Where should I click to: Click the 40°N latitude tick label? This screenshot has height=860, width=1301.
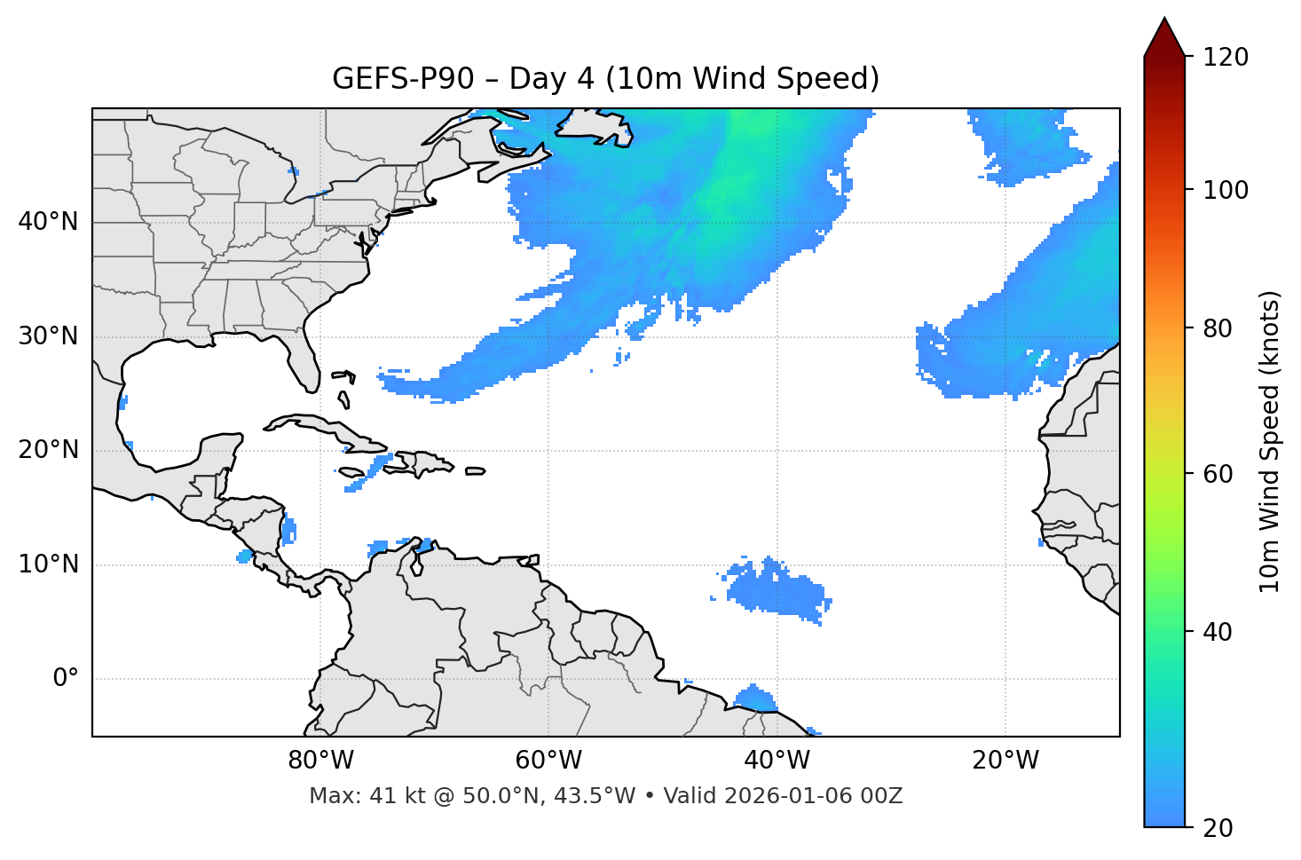[x=48, y=222]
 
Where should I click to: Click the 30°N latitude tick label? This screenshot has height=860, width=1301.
[x=48, y=336]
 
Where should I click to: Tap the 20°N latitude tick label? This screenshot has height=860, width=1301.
[x=48, y=450]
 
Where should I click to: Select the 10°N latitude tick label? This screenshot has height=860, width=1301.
[x=48, y=564]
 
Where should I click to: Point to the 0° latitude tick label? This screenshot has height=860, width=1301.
[x=66, y=679]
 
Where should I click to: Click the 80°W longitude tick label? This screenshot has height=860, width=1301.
[x=320, y=761]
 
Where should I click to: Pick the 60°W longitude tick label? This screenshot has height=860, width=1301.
[x=548, y=761]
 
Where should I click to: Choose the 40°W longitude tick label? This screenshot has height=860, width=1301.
[x=777, y=761]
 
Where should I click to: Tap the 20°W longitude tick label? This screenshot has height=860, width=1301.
[x=1005, y=761]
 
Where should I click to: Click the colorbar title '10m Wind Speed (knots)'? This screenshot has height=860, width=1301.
[x=1270, y=441]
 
